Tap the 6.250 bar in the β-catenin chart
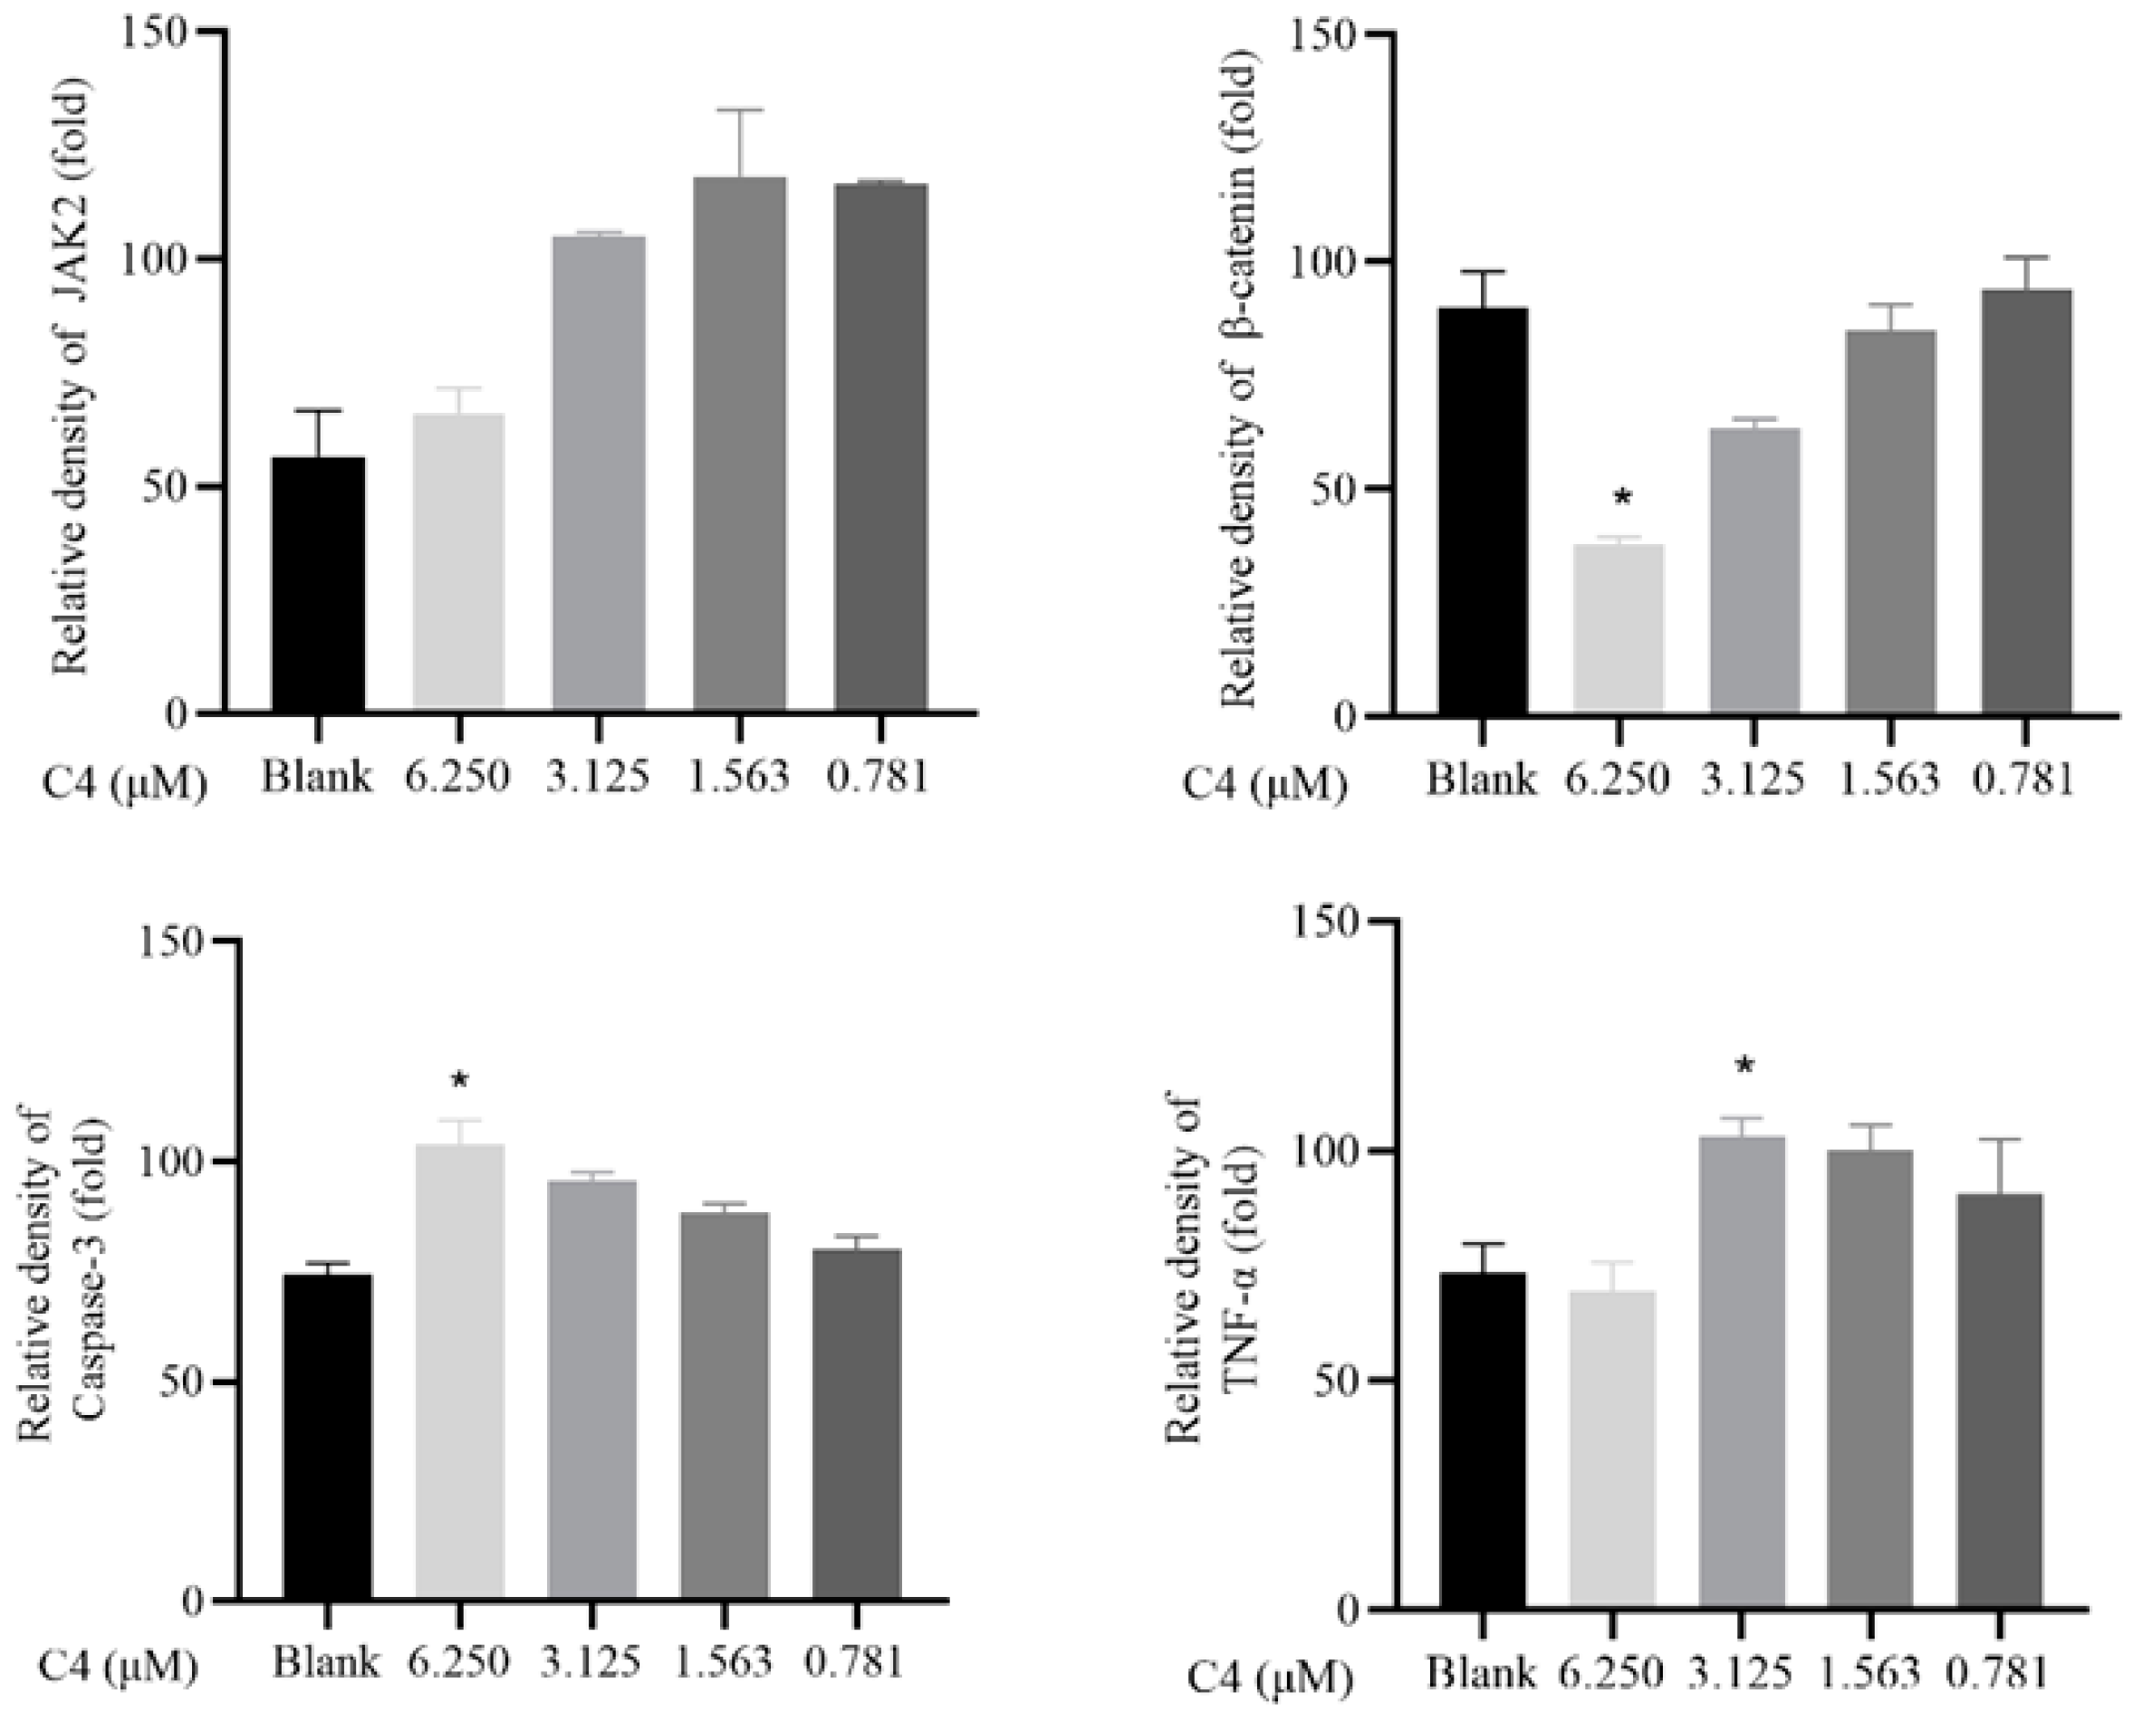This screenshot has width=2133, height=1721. click(1619, 628)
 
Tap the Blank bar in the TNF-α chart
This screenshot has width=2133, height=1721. click(1483, 1439)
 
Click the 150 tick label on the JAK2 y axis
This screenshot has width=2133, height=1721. click(161, 32)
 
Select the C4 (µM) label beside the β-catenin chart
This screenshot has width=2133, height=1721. click(1265, 785)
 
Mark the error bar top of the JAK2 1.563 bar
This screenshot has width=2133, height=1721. click(740, 110)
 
